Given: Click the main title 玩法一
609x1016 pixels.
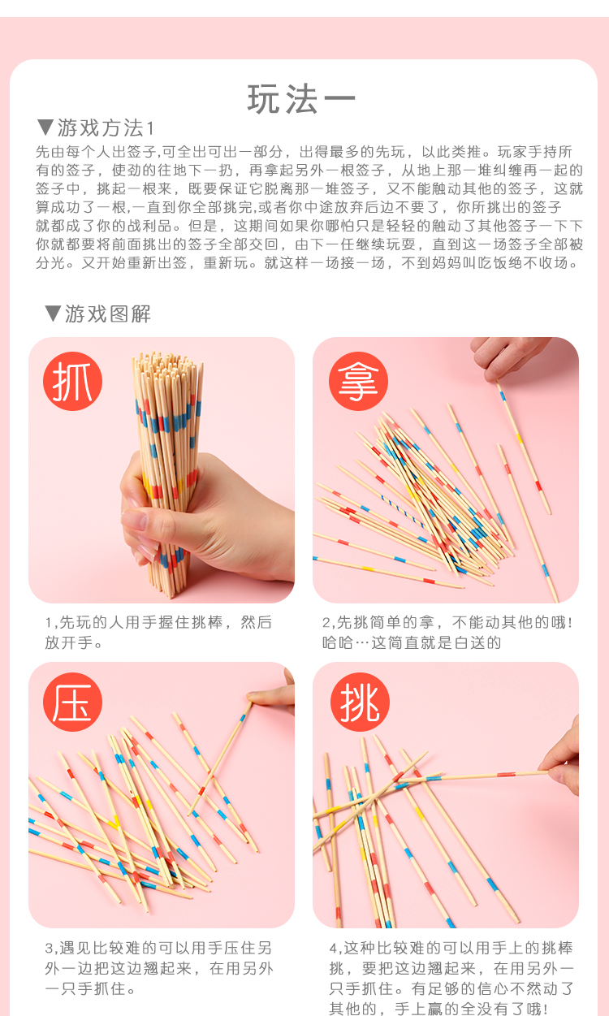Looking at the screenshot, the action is [301, 99].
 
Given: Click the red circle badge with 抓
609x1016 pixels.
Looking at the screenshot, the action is [72, 381].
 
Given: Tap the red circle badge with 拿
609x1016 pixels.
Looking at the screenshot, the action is [358, 381].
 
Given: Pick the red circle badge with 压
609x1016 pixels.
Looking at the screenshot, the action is [72, 702].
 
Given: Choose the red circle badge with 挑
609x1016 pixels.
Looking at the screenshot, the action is [360, 702].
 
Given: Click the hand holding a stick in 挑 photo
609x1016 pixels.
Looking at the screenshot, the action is [562, 762].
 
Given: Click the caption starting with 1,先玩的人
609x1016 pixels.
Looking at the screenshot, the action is [158, 633].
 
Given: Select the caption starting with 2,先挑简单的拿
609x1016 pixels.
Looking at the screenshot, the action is [447, 633].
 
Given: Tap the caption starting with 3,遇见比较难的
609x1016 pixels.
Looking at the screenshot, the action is [159, 967].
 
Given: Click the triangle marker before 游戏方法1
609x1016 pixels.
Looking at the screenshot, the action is [45, 128].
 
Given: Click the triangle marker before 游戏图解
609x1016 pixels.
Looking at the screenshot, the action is [53, 313].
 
